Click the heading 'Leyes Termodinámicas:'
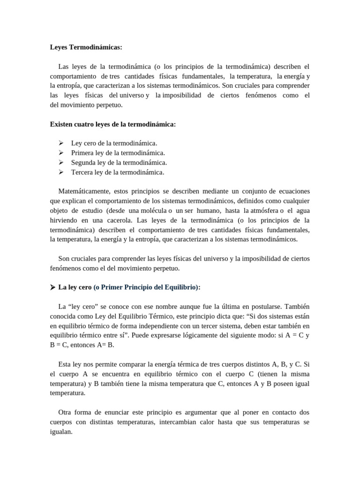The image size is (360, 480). click(x=86, y=47)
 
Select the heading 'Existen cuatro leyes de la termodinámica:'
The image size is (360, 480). click(x=112, y=124)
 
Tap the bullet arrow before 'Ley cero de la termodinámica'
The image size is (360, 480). click(x=61, y=143)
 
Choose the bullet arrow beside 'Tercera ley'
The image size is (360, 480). click(x=61, y=172)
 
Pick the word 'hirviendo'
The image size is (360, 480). click(x=65, y=220)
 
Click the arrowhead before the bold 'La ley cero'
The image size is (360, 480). click(x=53, y=287)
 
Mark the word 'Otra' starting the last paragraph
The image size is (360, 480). click(x=66, y=412)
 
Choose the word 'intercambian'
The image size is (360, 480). click(x=177, y=422)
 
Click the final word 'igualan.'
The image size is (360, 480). click(x=61, y=431)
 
